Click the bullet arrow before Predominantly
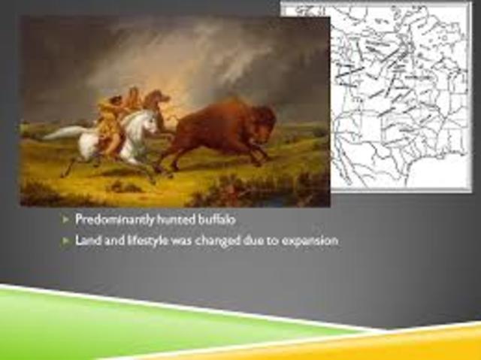tap(65, 219)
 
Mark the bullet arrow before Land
tap(65, 241)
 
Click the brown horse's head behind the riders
tap(156, 98)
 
